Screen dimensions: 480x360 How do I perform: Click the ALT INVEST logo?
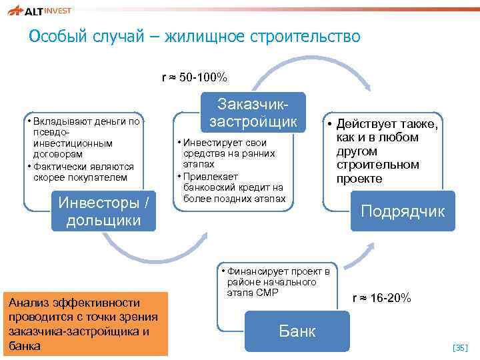(x=41, y=10)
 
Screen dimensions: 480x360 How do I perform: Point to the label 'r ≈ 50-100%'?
(x=195, y=78)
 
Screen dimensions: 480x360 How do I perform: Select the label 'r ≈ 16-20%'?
(x=382, y=298)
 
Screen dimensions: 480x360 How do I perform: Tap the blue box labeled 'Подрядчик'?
(x=403, y=211)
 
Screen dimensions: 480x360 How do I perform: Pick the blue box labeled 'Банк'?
(x=297, y=331)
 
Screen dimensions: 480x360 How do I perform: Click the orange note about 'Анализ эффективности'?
(x=85, y=324)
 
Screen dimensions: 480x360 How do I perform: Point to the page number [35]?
(x=461, y=347)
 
